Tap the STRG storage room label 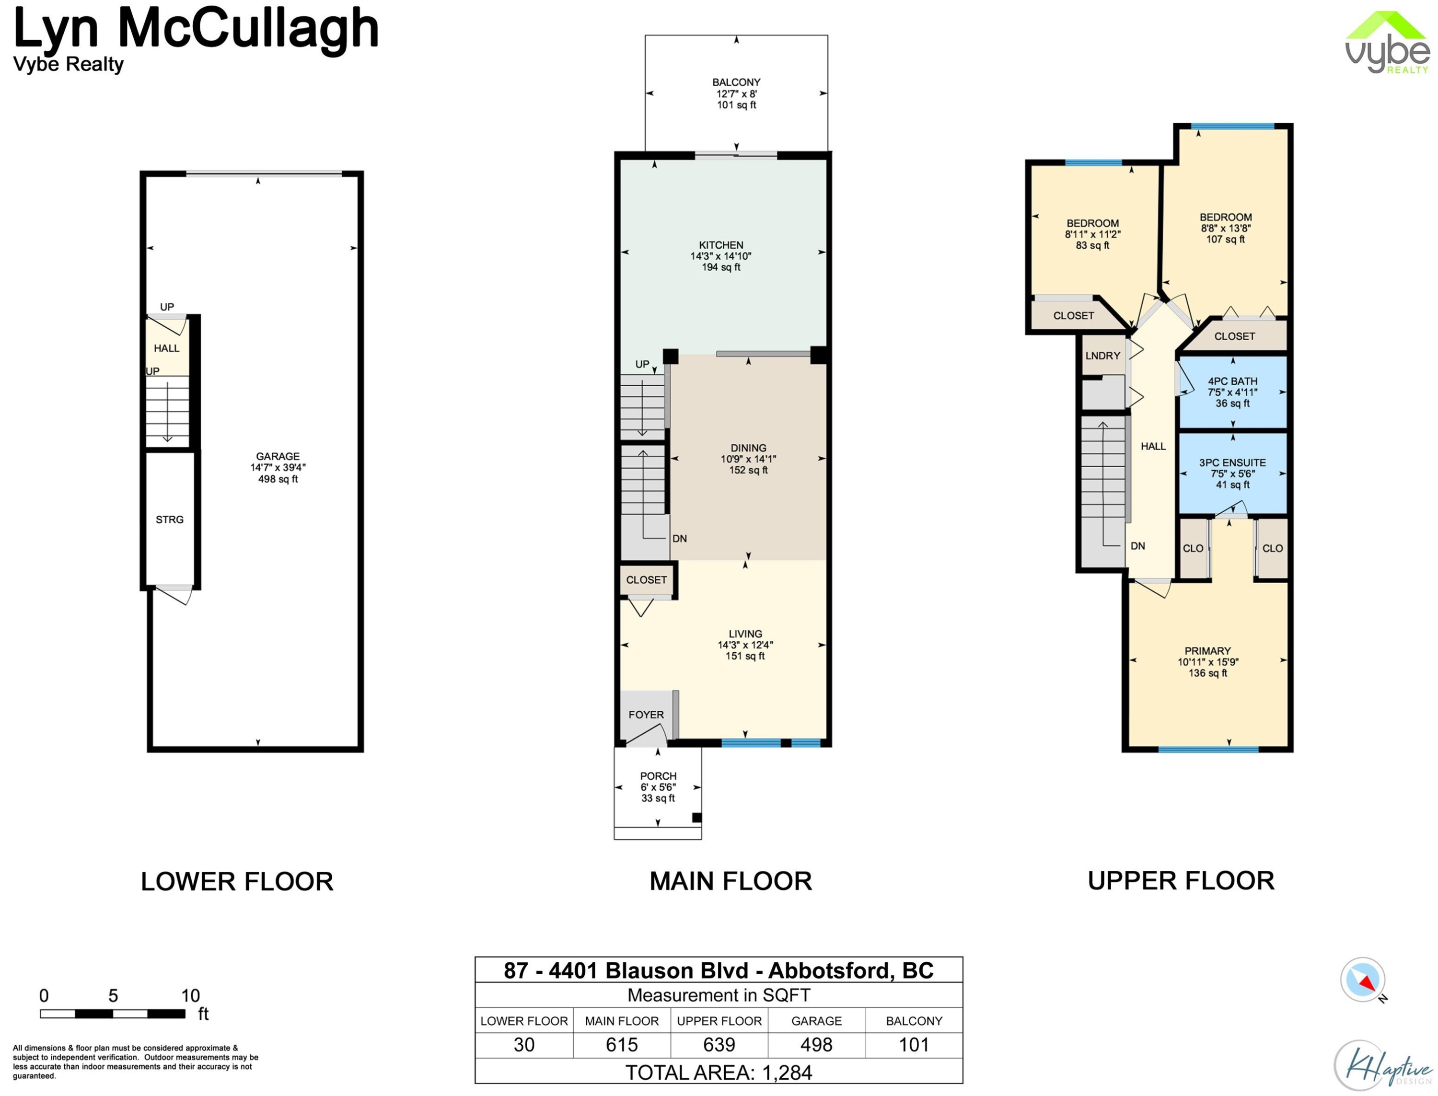point(170,520)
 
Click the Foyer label point(646,715)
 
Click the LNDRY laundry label point(1102,356)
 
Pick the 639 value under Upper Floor point(719,1044)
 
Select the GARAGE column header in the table point(816,1021)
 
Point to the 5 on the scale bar point(113,995)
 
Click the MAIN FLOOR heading point(731,881)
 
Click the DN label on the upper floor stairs point(1138,546)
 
